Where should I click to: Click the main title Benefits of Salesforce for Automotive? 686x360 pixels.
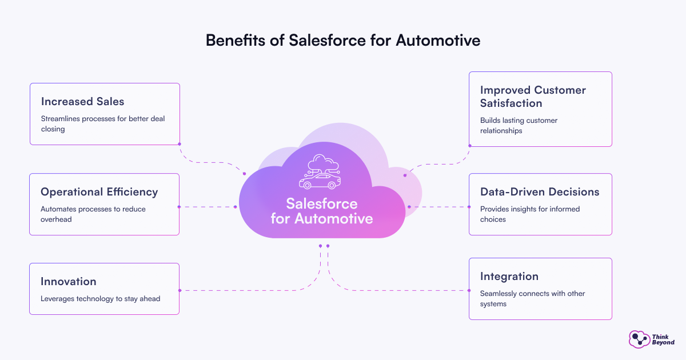[x=342, y=41]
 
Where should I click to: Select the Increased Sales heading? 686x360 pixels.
[x=82, y=102]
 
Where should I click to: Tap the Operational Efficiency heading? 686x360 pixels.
[x=99, y=192]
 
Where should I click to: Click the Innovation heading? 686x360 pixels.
[x=69, y=281]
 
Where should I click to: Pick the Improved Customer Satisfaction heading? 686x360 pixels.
[x=533, y=97]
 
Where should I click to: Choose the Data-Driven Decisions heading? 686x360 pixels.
[x=540, y=192]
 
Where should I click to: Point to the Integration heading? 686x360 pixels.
[x=509, y=277]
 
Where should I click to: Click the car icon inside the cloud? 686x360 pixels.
[x=320, y=181]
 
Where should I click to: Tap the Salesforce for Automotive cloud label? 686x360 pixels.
[x=322, y=211]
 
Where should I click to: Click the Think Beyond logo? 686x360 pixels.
[x=651, y=339]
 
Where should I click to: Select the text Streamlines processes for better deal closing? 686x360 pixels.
[x=102, y=124]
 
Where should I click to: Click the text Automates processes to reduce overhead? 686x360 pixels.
[x=93, y=214]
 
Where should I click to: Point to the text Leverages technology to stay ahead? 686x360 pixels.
[x=100, y=298]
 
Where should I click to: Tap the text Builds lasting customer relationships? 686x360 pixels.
[x=519, y=125]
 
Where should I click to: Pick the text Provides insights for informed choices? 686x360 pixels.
[x=530, y=214]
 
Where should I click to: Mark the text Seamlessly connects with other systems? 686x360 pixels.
[x=532, y=298]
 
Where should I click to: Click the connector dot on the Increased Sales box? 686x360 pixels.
[x=180, y=144]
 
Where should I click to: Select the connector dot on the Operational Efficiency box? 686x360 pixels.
[x=180, y=207]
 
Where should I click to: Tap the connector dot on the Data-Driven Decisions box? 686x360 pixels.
[x=469, y=207]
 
